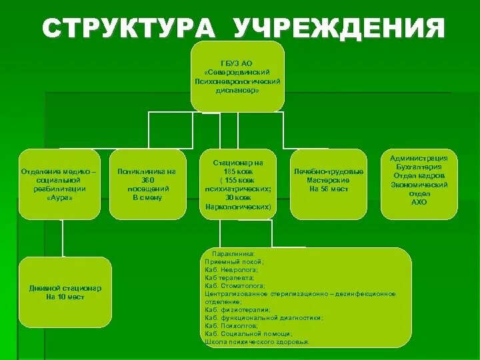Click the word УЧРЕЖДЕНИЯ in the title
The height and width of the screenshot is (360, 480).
339,29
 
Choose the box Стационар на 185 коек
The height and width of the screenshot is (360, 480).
237,185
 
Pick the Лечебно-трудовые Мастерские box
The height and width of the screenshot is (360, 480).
329,185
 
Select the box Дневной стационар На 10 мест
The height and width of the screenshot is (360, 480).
65,292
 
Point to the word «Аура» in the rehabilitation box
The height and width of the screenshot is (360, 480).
59,198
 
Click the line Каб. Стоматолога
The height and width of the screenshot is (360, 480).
236,285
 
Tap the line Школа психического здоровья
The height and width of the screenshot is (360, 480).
257,341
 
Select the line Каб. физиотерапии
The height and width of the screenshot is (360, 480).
237,310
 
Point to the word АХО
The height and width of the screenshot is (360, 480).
419,202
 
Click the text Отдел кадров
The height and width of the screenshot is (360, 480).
419,175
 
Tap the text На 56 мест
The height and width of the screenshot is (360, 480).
329,189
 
